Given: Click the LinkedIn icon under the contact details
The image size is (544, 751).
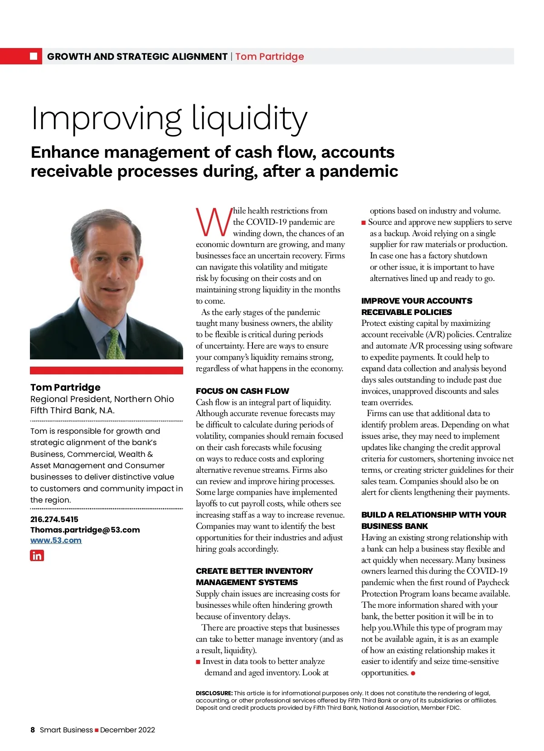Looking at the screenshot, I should pos(37,555).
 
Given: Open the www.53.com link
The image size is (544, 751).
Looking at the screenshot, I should pos(56,540).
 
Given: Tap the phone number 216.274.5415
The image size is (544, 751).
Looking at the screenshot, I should pos(54,519).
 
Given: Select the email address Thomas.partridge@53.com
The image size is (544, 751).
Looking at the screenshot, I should pos(85,530).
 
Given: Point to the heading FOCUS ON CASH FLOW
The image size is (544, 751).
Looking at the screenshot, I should pos(242,391).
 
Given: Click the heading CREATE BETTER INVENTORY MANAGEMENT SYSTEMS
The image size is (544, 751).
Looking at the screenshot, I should pos(254,577).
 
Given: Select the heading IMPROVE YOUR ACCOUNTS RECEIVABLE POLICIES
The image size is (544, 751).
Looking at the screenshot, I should pos(416,306).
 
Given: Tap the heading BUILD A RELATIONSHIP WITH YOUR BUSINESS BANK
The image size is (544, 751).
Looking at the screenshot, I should pos(433,520).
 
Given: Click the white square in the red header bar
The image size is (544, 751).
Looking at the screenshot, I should pos(34,56).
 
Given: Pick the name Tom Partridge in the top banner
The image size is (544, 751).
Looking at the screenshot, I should pos(269,57).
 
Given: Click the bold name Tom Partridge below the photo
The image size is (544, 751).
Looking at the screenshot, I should pos(65,388).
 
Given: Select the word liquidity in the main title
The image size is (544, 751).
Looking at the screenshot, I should pos(249,119).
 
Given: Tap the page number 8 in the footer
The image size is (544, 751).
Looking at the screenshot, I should pos(33,730).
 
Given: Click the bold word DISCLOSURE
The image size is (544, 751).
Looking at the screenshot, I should pos(214,693).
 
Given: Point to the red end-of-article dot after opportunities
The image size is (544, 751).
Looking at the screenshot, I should pos(413,673).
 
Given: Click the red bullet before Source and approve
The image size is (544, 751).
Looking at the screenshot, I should pos(364,223).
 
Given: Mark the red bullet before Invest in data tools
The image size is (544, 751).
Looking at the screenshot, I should pos(198,662).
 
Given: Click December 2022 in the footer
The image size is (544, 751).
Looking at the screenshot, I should pos(127,730).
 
